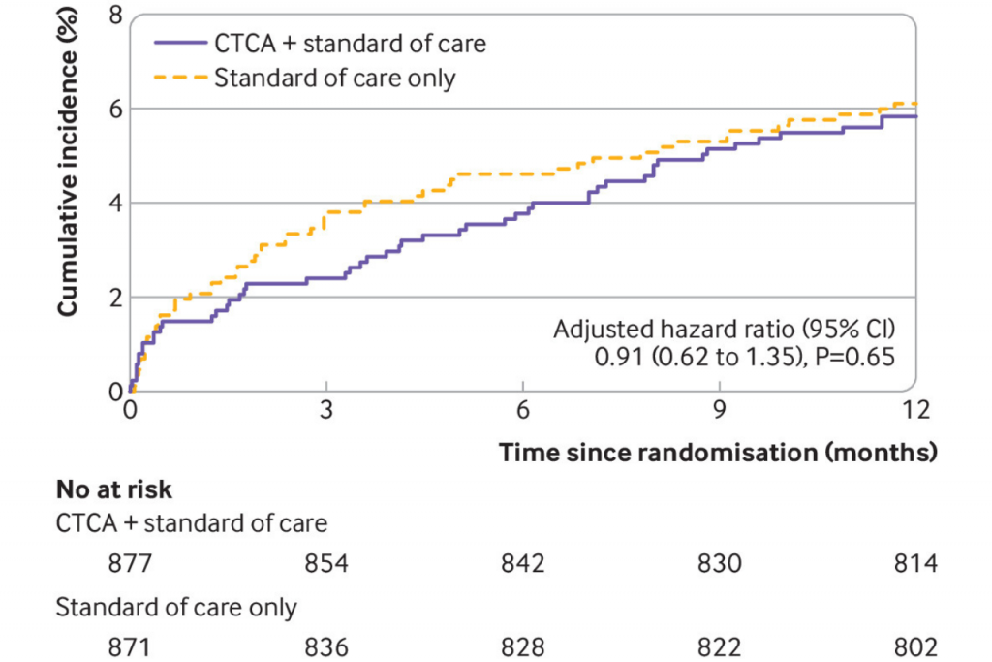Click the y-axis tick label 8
pyautogui.click(x=115, y=16)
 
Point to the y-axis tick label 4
pyautogui.click(x=115, y=203)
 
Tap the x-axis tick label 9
pyautogui.click(x=719, y=411)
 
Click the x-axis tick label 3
pyautogui.click(x=326, y=411)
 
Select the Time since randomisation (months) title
pyautogui.click(x=718, y=452)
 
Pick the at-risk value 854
pyautogui.click(x=326, y=563)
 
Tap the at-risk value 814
pyautogui.click(x=915, y=563)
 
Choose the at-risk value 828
pyautogui.click(x=523, y=646)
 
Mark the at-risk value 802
pyautogui.click(x=915, y=646)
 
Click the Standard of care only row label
pyautogui.click(x=176, y=609)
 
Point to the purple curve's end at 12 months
pyautogui.click(x=914, y=116)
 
